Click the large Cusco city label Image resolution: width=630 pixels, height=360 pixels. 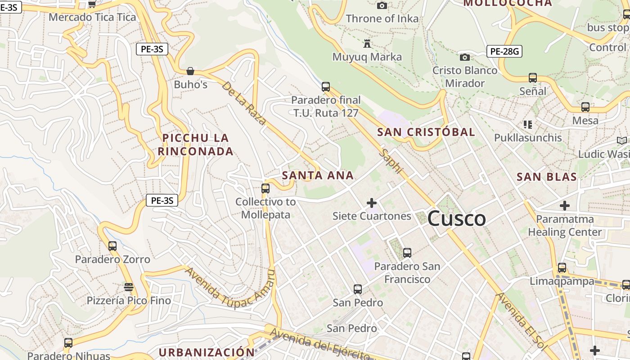click(x=456, y=219)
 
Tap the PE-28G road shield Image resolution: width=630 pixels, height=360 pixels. click(x=504, y=51)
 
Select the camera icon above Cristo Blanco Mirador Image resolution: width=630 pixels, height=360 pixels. click(x=465, y=57)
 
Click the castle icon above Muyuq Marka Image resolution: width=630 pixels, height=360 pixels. click(x=367, y=44)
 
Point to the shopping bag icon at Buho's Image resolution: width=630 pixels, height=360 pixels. click(x=190, y=71)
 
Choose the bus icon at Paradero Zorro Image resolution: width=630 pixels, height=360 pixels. click(x=112, y=246)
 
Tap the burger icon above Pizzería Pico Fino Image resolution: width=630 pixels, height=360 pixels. click(x=129, y=287)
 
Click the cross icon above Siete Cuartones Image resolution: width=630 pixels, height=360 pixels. click(x=372, y=203)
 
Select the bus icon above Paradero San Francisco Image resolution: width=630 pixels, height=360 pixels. click(x=407, y=253)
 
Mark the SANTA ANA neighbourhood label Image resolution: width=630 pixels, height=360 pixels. click(x=318, y=175)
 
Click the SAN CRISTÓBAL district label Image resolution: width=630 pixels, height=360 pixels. click(x=426, y=132)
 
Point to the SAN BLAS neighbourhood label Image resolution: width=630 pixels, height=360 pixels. click(x=547, y=177)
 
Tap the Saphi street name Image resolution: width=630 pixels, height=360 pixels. click(x=391, y=161)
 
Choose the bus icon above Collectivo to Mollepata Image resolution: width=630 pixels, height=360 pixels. click(x=265, y=189)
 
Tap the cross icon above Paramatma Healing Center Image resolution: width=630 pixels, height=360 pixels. click(x=565, y=206)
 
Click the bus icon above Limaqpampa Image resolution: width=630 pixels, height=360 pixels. click(x=562, y=268)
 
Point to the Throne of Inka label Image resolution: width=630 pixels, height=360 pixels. click(x=382, y=19)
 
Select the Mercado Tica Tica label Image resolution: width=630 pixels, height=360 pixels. click(x=92, y=18)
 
